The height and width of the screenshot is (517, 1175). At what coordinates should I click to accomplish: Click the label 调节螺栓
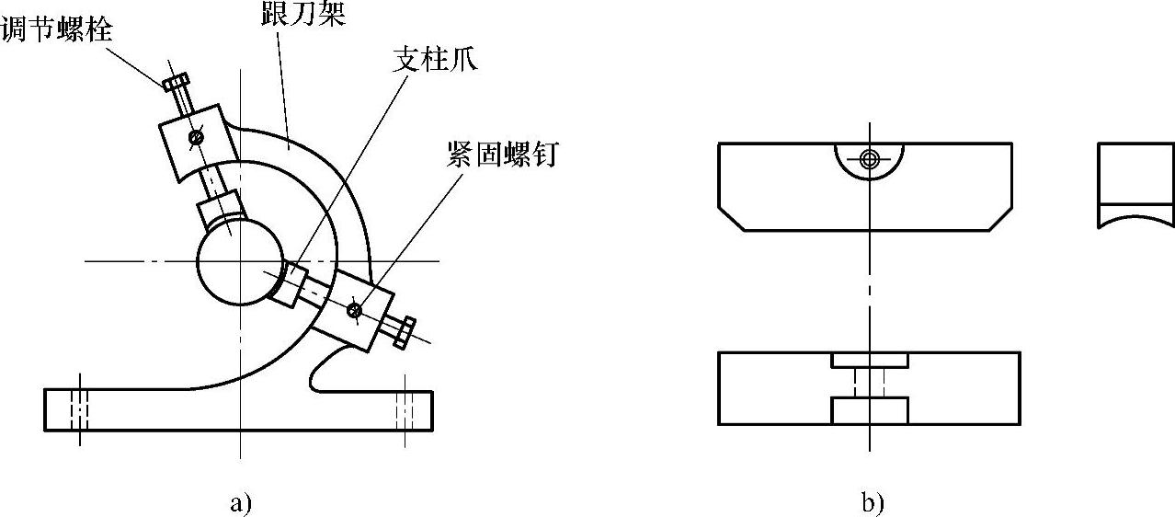tap(57, 29)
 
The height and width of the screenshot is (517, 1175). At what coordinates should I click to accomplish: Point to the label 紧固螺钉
tap(498, 154)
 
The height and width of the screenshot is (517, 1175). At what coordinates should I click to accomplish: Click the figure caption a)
tap(239, 503)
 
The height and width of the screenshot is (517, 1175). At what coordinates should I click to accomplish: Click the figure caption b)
tap(871, 503)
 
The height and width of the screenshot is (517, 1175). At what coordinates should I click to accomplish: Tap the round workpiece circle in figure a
tap(234, 261)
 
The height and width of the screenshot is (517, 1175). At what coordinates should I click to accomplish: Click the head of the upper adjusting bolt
tap(175, 83)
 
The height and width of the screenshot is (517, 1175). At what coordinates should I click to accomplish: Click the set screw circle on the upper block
tap(195, 139)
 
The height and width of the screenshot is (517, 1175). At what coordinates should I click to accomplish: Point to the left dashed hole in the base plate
tap(80, 406)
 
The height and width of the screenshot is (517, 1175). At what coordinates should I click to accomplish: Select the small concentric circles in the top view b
tap(870, 158)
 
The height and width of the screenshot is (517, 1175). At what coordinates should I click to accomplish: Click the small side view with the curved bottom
tap(1136, 184)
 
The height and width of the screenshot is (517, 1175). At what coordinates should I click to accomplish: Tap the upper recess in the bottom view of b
tap(870, 360)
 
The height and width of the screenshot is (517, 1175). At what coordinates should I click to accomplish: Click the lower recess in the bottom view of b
tap(870, 410)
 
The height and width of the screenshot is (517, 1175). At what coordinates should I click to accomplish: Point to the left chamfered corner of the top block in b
tap(731, 219)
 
